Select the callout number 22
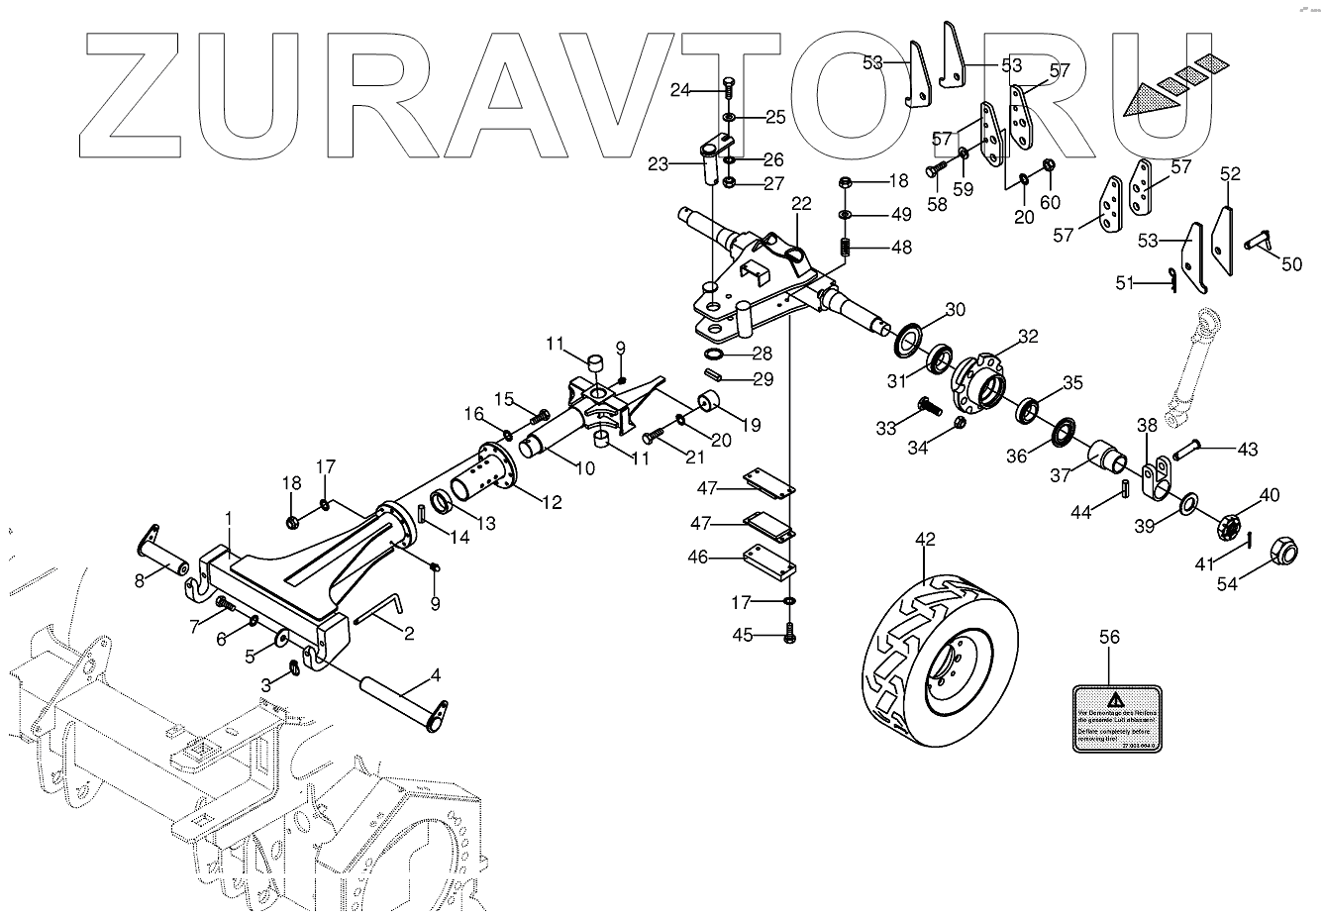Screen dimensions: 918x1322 [x=801, y=204]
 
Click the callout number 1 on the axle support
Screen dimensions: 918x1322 [x=229, y=519]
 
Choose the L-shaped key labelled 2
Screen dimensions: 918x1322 [x=376, y=610]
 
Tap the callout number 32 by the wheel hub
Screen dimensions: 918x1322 [x=1028, y=337]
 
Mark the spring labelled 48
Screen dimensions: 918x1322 [x=845, y=246]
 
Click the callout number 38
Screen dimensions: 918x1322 [x=1147, y=426]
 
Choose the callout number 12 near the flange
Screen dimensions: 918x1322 [x=551, y=503]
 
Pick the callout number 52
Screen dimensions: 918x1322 [x=1230, y=174]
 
